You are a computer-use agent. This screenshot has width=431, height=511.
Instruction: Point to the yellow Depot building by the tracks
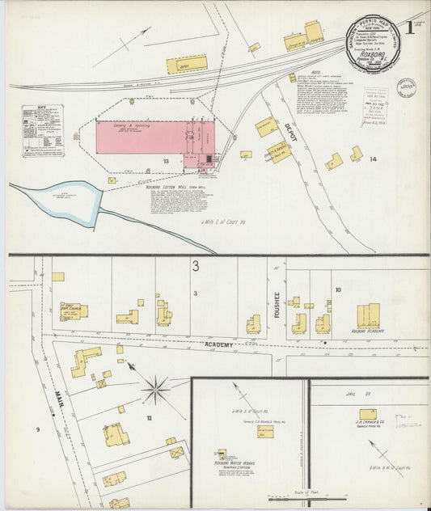click(x=188, y=64)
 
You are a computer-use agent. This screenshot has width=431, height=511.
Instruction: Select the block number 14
click(x=373, y=159)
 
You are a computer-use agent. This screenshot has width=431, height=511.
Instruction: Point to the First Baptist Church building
click(x=74, y=311)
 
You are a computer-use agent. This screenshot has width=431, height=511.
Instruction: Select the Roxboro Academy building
click(x=368, y=315)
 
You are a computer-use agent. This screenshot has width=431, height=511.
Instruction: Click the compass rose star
click(x=155, y=391)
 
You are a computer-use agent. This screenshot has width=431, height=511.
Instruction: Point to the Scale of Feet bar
click(x=283, y=499)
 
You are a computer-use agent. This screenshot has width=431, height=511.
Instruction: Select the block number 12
click(x=148, y=417)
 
